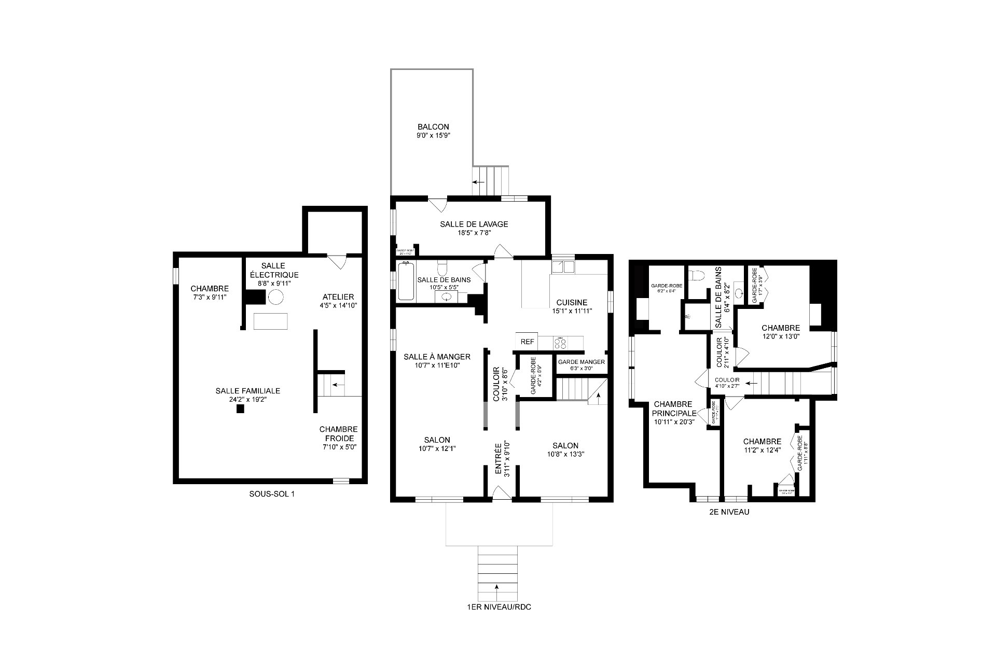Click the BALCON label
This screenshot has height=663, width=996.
(433, 126)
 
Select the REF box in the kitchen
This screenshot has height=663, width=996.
(527, 342)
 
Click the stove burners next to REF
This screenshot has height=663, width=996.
(560, 342)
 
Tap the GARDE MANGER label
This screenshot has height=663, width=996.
(581, 362)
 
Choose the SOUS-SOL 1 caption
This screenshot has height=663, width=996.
(272, 494)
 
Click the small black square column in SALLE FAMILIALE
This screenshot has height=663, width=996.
(240, 409)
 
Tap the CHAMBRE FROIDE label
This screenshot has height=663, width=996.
(338, 434)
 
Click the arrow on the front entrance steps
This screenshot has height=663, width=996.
(497, 587)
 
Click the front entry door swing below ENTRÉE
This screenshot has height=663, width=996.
(500, 493)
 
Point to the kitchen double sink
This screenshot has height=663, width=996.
(563, 267)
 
